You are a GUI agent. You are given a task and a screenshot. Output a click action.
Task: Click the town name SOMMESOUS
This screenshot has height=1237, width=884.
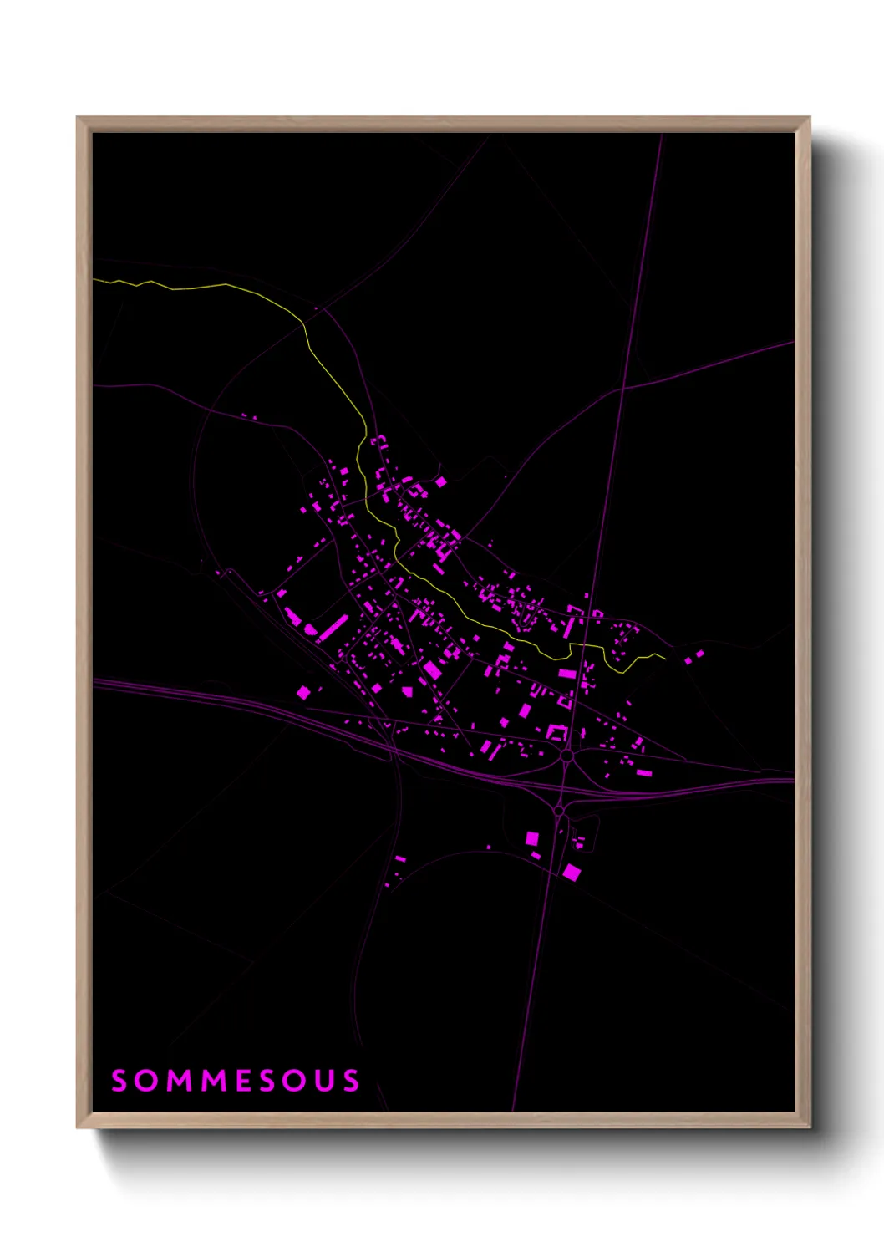click(236, 1080)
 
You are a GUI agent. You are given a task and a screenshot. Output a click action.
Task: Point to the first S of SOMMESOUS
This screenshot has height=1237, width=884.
click(119, 1080)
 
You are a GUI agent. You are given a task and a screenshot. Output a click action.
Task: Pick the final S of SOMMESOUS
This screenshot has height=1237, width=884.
click(350, 1080)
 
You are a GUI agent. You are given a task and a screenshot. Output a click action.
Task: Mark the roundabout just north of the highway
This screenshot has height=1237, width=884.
click(566, 756)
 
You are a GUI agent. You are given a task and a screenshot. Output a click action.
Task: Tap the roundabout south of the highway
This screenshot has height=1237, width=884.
click(559, 810)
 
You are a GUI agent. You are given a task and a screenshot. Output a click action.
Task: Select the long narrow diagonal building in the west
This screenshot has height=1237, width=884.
click(332, 629)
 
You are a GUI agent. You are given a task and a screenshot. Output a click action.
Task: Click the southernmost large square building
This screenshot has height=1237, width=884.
click(572, 872)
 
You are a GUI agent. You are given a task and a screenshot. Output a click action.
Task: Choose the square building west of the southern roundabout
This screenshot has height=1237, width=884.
click(531, 838)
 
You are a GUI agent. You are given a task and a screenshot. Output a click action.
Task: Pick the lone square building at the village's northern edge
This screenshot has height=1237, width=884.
click(440, 481)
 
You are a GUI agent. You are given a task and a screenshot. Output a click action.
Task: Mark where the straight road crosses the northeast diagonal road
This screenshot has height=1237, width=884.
click(622, 388)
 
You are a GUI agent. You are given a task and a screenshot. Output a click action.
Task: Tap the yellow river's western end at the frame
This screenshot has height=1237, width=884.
click(95, 279)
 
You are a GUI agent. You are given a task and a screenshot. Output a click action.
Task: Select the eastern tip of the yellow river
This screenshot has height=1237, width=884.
click(665, 657)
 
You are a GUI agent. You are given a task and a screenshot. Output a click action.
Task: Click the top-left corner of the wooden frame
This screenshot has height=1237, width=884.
click(78, 118)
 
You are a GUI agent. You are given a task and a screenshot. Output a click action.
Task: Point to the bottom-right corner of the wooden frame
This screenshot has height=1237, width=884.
click(809, 1127)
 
